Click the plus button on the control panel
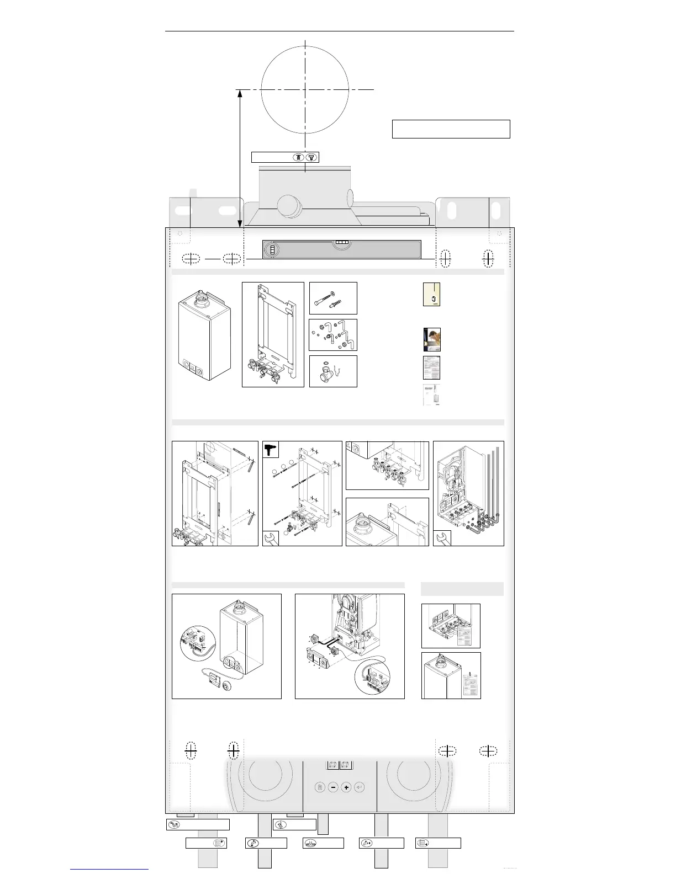pos(346,787)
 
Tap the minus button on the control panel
pos(332,787)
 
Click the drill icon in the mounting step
pos(270,450)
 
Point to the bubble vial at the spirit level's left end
pos(272,250)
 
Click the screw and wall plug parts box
pos(333,298)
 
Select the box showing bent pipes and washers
pos(333,335)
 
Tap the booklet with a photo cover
pos(432,340)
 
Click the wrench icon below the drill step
pos(271,538)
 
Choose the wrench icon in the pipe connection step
pos(442,538)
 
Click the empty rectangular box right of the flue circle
pos(451,129)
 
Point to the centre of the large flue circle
pos(305,89)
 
